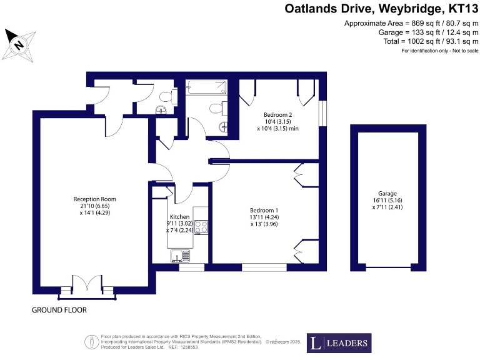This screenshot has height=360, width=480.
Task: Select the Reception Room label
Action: point(94,199)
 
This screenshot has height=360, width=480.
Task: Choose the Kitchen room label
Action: point(179,216)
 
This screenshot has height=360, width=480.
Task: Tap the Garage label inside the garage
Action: point(387,194)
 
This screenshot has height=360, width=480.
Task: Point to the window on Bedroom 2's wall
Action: point(322,113)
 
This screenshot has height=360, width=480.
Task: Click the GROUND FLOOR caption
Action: point(59,310)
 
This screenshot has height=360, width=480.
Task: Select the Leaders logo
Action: point(338,343)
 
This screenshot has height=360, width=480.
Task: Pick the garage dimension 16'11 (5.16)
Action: point(387,201)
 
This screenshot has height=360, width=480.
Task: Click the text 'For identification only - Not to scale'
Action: point(439,50)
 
